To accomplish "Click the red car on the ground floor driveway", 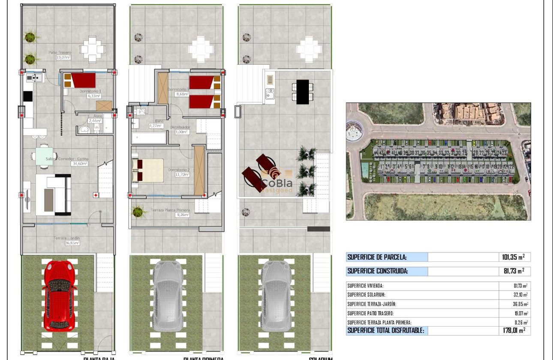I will point(60,295).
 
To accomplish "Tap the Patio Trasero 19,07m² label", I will point(60,55).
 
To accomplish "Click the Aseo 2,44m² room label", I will point(95,118).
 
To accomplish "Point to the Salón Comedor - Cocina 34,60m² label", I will point(67,161).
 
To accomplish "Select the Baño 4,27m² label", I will point(156,123).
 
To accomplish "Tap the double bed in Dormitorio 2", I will point(148,171).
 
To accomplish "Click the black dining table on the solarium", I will point(302,92).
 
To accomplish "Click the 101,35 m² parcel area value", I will point(513,257).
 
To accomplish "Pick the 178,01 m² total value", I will point(513,330).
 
